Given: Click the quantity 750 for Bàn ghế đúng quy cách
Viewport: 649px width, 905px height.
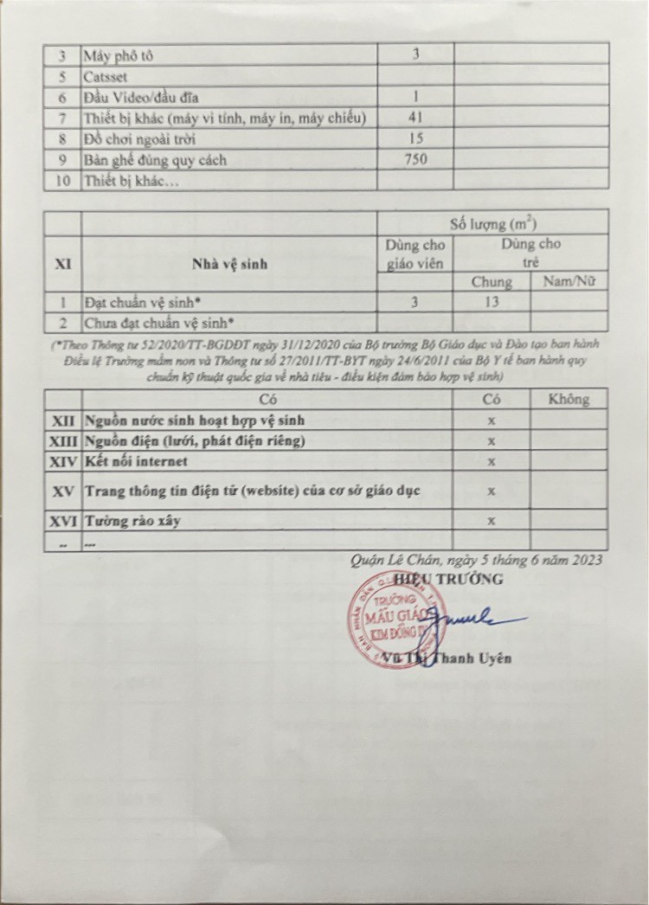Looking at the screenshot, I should pos(415,159).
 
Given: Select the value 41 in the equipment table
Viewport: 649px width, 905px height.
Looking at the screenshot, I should pos(415,118).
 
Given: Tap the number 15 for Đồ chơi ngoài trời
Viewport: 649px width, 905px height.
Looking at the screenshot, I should pos(415,138).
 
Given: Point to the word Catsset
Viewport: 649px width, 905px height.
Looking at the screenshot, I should pos(106,76).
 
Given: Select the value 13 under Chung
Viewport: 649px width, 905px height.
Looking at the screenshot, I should pos(491,303).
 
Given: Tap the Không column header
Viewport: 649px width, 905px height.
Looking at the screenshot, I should pos(569,399).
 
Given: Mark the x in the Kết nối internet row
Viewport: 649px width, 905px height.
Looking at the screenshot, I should pos(491,462).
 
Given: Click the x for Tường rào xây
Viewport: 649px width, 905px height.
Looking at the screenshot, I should pos(491,521).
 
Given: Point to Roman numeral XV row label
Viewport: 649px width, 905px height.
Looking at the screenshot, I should pos(62,491).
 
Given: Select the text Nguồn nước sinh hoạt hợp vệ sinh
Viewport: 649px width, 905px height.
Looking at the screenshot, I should pos(194,420).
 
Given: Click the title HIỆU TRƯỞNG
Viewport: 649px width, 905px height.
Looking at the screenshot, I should pos(447,579).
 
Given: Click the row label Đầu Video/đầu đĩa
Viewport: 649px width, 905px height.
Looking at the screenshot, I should pos(142,97).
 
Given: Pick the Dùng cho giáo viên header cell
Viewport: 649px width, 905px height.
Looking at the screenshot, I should pos(415,253).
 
